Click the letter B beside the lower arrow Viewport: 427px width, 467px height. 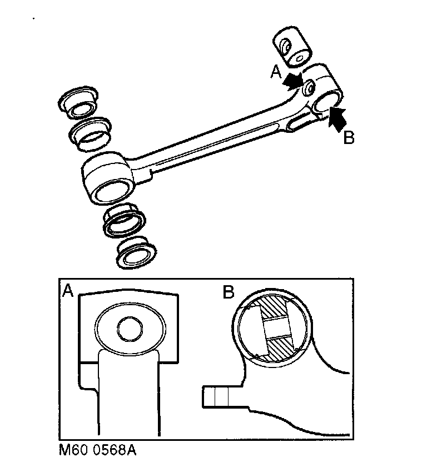pos(349,137)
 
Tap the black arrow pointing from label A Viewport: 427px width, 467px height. pos(293,82)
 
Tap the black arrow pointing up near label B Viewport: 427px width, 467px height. pos(337,117)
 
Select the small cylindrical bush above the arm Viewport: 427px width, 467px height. pos(293,50)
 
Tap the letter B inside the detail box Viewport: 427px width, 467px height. pos(228,292)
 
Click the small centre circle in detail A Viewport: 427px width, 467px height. pos(130,329)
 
